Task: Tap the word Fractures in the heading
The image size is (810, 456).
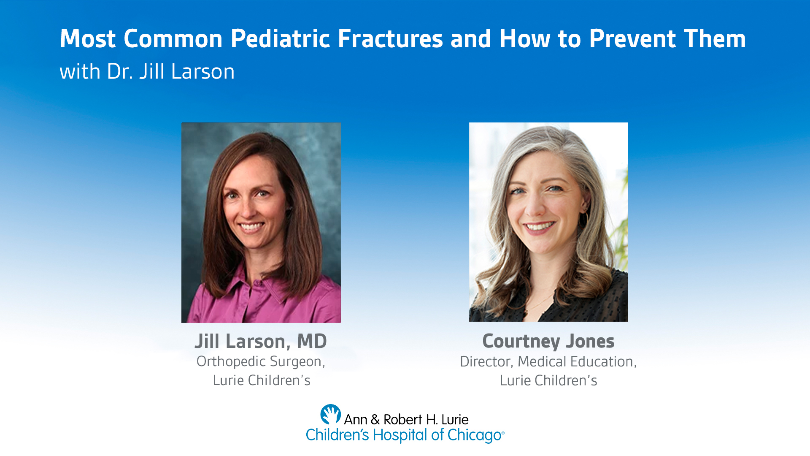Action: tap(390, 39)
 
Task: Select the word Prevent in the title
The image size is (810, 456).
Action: tap(632, 39)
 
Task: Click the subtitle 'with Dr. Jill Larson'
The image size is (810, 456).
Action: tap(147, 71)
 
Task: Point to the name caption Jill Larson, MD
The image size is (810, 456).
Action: tap(261, 341)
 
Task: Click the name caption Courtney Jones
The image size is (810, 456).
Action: tap(548, 341)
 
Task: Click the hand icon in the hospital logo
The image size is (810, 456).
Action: tap(330, 414)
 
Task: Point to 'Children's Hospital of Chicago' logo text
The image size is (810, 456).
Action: tap(405, 435)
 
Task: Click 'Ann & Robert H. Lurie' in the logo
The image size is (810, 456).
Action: tap(406, 419)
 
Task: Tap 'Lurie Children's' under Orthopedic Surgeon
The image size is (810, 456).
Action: tap(262, 380)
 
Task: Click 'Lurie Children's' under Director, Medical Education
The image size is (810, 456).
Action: tap(548, 380)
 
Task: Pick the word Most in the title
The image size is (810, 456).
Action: tap(87, 39)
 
